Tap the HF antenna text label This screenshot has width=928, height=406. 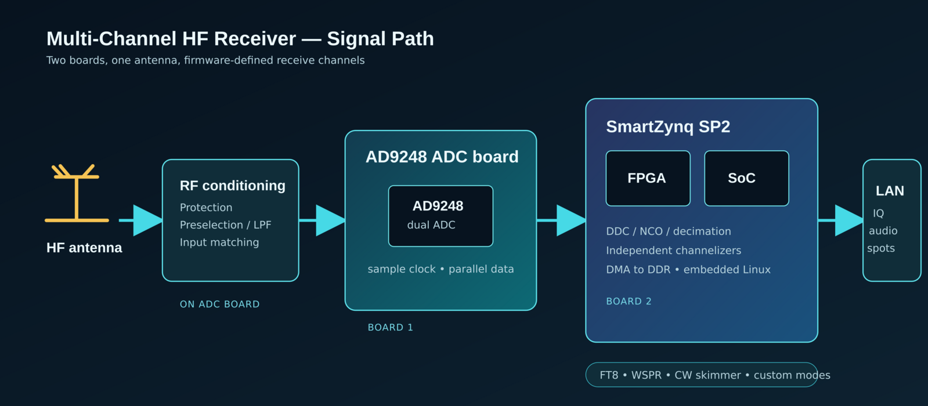pos(84,248)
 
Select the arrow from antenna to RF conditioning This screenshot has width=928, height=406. pos(141,220)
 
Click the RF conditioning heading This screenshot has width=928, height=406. pos(232,186)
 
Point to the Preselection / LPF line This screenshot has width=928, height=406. pos(225,224)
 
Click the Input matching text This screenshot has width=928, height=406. pos(219,242)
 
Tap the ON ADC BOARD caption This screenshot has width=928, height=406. pos(219,304)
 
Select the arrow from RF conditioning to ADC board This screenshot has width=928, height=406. pos(322,220)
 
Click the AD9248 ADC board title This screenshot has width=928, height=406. pos(442,157)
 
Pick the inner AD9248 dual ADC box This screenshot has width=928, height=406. pos(441,216)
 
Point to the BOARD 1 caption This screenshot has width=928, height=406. pos(390,327)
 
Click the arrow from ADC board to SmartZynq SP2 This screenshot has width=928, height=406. pos(561,220)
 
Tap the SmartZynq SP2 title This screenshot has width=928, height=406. pos(668,126)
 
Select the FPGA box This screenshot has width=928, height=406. pos(648,179)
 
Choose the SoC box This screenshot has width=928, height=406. pos(746,179)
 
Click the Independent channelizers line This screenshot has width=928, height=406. pos(674,251)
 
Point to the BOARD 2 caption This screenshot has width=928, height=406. pos(629,301)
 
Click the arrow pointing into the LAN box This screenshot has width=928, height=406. pos(840,220)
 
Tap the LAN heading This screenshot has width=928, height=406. pos(890,191)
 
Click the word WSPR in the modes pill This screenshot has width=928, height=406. pos(647,375)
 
